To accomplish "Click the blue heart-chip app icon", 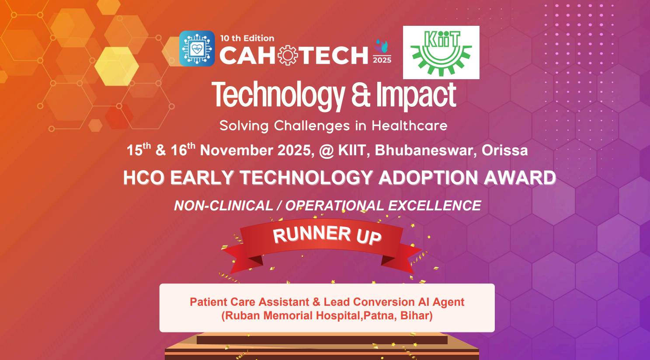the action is pos(197,49).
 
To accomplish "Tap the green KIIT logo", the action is pos(441,52).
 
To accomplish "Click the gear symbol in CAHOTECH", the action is pos(288,55).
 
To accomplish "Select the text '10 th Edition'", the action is pos(247,38).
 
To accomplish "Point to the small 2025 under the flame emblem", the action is pos(382,60).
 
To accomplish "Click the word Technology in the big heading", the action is pos(278,95).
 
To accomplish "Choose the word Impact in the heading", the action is pos(416,95).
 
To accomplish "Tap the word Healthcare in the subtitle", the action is pos(410,126).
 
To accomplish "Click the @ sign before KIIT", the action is pos(327,150).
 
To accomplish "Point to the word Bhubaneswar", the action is pos(424,150).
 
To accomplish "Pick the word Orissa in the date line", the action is pos(504,150).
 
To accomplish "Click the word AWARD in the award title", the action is pos(519,178).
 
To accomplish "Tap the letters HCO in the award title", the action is pos(144,178).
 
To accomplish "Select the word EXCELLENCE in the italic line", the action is pos(434,206).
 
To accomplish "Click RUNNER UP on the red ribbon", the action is pos(327,235).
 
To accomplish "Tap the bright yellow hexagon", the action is pos(117,66).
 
